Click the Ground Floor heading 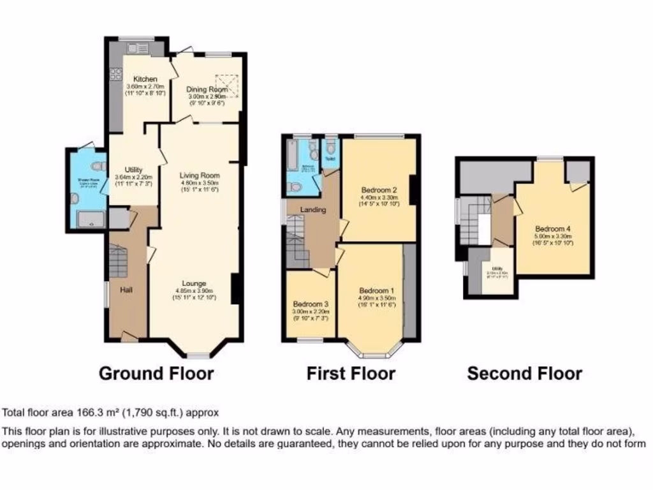(x=156, y=373)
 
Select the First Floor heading (x=351, y=373)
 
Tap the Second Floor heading (x=524, y=373)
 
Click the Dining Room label (x=207, y=90)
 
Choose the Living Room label (x=199, y=175)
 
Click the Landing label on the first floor (x=314, y=210)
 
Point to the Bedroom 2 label (x=379, y=190)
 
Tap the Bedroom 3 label (x=311, y=304)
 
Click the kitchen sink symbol (x=137, y=48)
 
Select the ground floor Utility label (x=133, y=170)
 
